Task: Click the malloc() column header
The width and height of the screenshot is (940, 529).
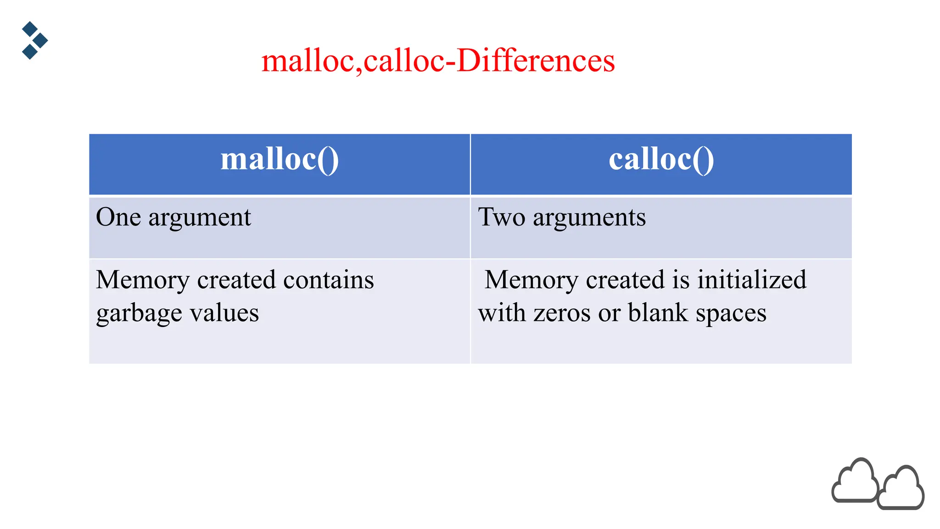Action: coord(280,160)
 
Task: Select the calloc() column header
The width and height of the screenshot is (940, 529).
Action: coord(661,160)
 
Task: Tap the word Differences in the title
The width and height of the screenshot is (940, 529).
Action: coord(536,61)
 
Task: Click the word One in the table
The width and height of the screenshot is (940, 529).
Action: coord(118,217)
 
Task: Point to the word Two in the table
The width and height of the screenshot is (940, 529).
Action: coord(501,217)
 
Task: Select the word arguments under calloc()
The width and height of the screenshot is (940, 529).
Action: coord(589,218)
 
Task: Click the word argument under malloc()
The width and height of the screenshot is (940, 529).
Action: coord(200,218)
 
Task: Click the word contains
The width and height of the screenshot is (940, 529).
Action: coord(328,280)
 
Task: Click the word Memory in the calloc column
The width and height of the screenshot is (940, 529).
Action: coord(532,281)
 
